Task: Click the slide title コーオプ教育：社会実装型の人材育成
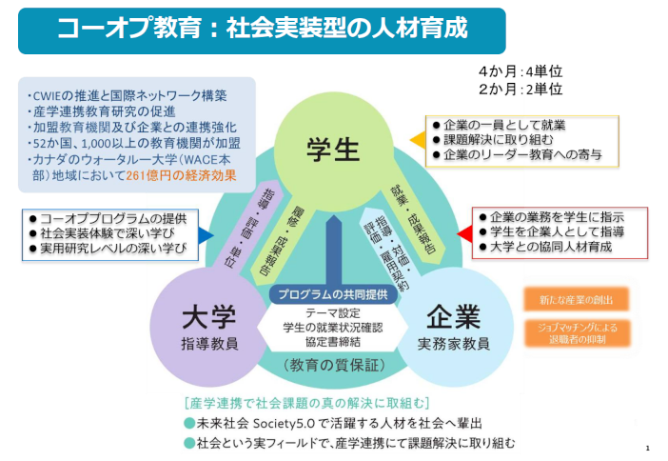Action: click(262, 29)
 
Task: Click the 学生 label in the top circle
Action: click(332, 148)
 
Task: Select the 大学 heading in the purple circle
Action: click(208, 317)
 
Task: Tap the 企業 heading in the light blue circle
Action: click(453, 317)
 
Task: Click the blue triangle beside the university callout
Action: click(206, 233)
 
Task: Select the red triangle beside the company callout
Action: click(463, 231)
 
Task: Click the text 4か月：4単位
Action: click(521, 71)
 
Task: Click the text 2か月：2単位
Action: click(521, 90)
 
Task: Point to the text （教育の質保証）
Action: click(332, 365)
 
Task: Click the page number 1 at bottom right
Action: click(647, 448)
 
